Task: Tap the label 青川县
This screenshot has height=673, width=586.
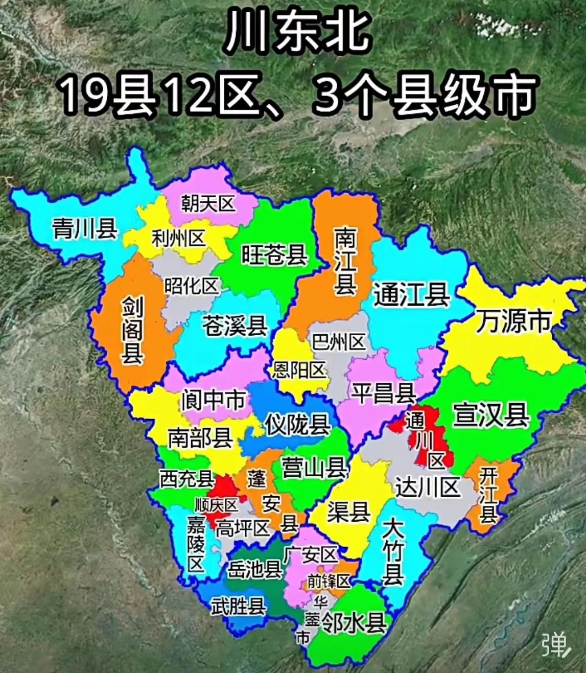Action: pos(85,228)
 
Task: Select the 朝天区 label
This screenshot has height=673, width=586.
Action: pos(208,204)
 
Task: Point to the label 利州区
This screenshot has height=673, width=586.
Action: pos(178,238)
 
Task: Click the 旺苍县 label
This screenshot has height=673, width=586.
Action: pos(274,254)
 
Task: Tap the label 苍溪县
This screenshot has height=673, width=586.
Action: pos(235,326)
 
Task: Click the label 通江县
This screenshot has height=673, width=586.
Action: pos(411,295)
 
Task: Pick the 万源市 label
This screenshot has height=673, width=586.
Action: pos(513,321)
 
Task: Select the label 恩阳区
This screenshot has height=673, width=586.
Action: pos(299,369)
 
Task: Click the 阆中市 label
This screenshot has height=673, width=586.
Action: pos(213,400)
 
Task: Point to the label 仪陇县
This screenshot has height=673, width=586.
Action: pos(297,424)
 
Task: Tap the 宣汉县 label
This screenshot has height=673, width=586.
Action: pos(491,414)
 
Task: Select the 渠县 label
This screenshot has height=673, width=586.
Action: pos(349,512)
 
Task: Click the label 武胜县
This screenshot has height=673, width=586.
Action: pos(238,606)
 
